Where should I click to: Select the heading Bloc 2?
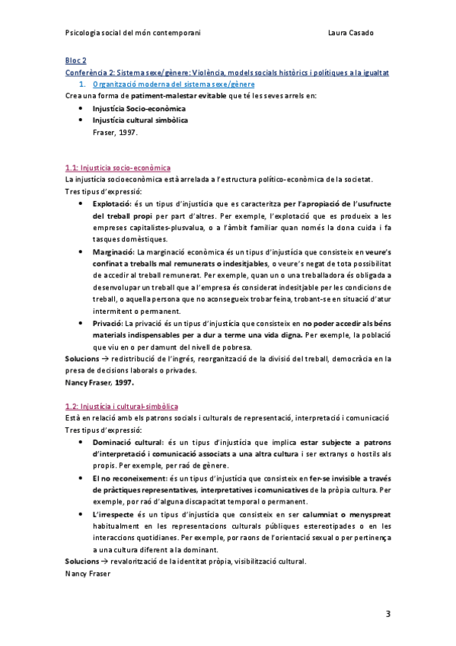pos(75,60)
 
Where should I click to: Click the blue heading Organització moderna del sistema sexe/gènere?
pos(174,84)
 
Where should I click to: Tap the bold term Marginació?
pos(112,252)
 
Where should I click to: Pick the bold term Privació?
pos(108,323)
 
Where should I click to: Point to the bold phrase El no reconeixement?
pos(129,478)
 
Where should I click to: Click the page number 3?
pos(387,614)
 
